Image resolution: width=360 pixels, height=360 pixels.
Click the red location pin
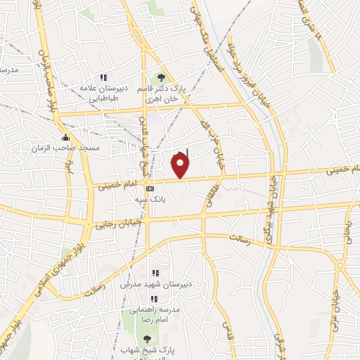coord(181,167)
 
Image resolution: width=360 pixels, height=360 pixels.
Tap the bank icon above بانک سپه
coord(150,188)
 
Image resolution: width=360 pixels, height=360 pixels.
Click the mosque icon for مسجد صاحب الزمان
coord(66,138)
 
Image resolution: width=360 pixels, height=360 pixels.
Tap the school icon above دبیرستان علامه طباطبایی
coord(103,77)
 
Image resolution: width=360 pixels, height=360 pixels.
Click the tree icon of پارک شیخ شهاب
coord(146,339)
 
